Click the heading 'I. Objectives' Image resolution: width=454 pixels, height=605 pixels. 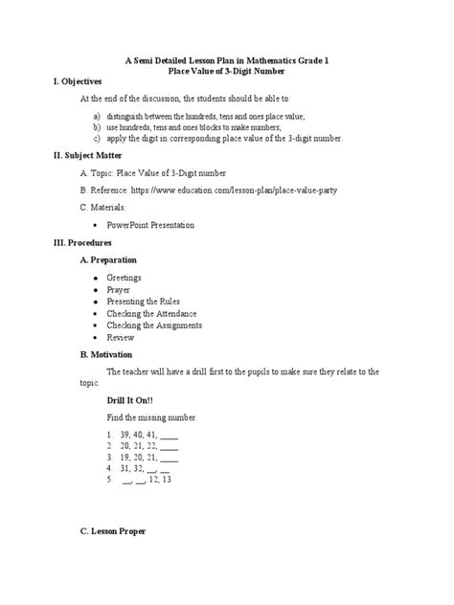tap(79, 82)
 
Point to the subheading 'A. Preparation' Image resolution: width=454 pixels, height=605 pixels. tap(108, 259)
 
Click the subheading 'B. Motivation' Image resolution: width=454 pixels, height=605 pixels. tap(106, 353)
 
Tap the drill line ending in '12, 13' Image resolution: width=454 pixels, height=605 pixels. tap(148, 481)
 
